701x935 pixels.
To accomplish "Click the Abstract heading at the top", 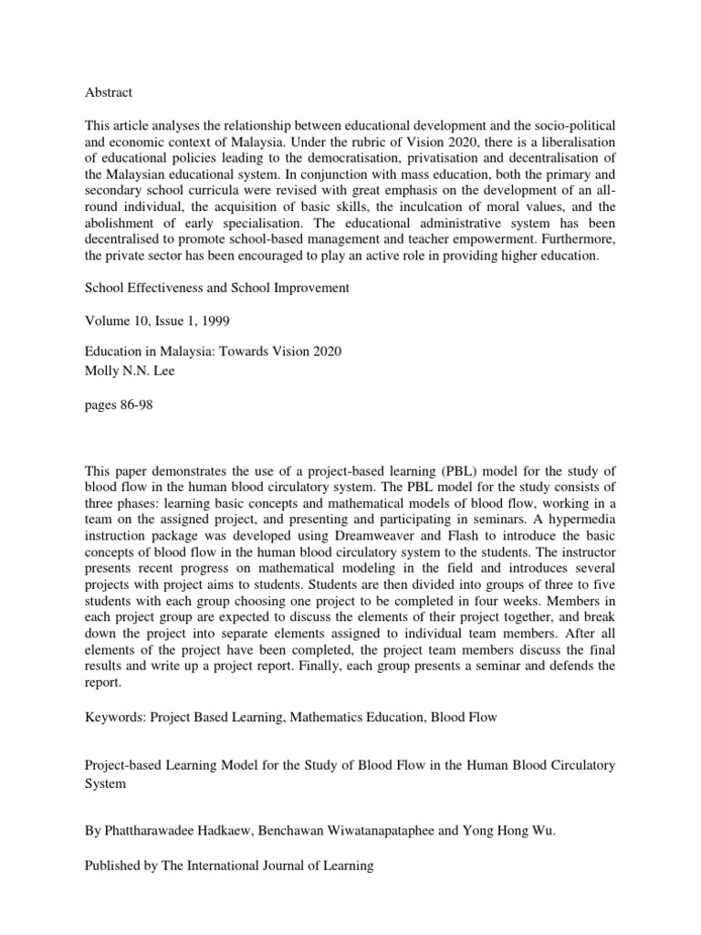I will [109, 92].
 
